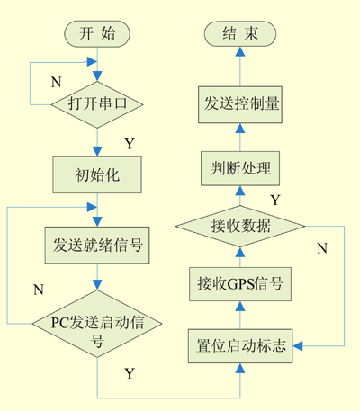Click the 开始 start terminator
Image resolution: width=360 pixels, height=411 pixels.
point(97,33)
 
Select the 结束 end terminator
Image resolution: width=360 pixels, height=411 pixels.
point(240,33)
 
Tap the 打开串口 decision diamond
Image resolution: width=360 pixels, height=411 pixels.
point(97,104)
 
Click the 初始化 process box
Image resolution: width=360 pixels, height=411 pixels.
point(97,174)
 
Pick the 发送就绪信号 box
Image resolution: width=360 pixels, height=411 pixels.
point(97,245)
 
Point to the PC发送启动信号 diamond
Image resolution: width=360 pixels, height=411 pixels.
point(97,324)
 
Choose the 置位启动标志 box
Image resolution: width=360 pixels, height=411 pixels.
point(240,346)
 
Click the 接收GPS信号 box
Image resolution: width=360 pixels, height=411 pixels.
point(240,284)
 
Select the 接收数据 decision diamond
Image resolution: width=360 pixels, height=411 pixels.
point(240,226)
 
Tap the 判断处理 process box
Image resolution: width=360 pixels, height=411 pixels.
point(240,168)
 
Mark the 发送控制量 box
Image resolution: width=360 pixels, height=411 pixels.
point(240,104)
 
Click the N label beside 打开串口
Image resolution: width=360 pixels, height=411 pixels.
point(56,82)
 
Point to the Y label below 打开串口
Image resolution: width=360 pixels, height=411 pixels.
point(130,144)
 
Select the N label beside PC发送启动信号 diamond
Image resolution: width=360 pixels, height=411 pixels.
point(39,290)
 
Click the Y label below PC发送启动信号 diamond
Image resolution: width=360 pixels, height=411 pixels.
point(130,373)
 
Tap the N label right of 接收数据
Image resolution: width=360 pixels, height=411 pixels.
point(322,248)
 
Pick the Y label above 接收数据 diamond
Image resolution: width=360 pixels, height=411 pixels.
point(275,200)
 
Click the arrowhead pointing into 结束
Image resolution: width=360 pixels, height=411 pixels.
point(240,51)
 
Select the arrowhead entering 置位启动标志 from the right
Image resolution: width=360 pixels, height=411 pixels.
point(298,346)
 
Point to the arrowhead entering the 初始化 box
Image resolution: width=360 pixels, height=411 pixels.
point(97,151)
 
